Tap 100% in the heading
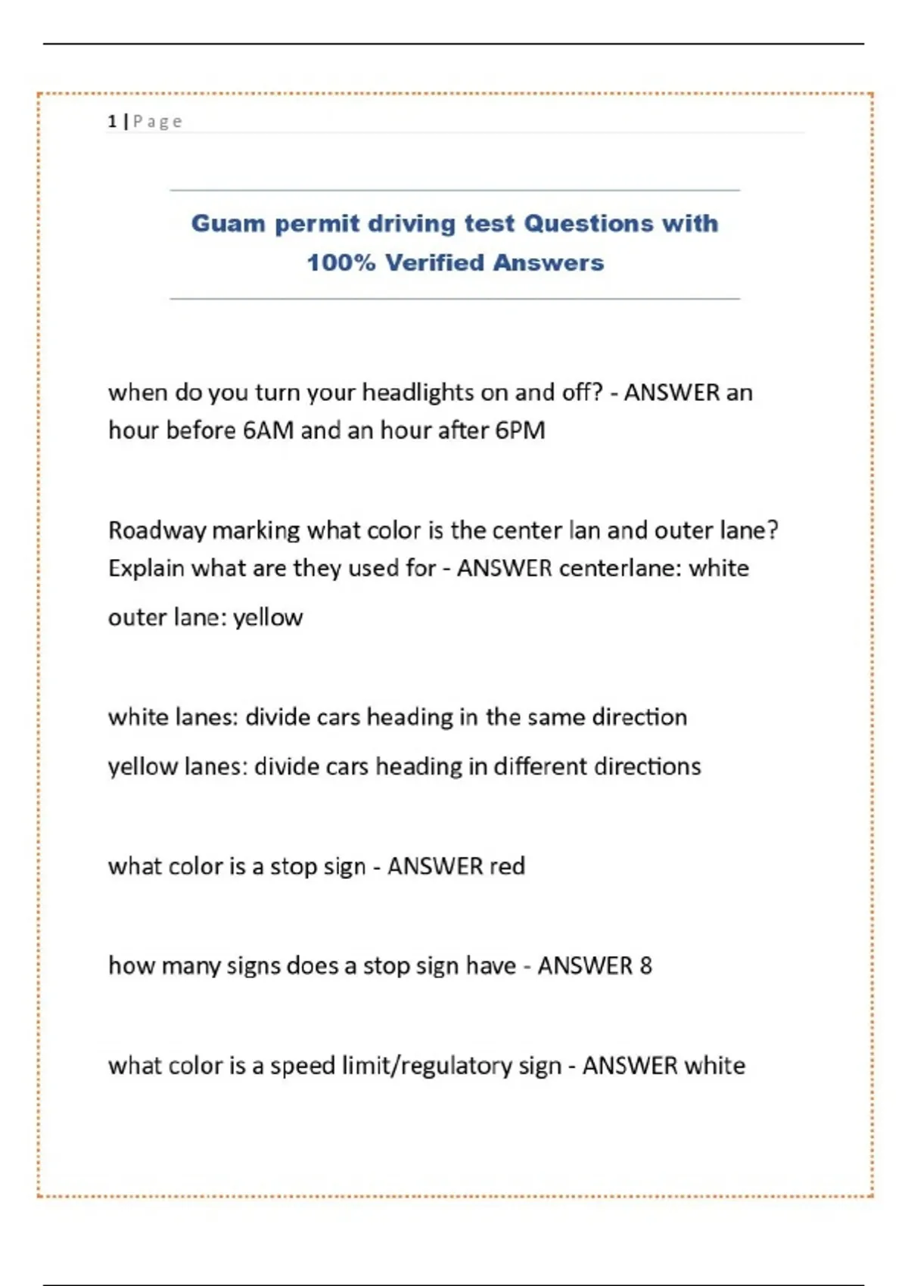[340, 263]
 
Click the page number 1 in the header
[112, 121]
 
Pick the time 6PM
[520, 430]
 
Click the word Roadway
[156, 530]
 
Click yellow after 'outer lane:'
[268, 618]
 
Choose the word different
[540, 767]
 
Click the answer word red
[507, 866]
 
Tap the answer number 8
[645, 966]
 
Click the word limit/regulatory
[426, 1066]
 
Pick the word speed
[302, 1066]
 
